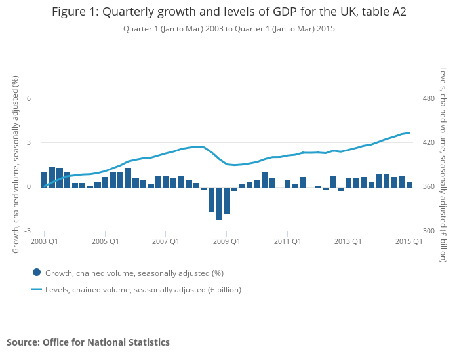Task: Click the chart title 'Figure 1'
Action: pyautogui.click(x=229, y=12)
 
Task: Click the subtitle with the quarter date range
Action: pyautogui.click(x=229, y=29)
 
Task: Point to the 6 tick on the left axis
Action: pyautogui.click(x=29, y=98)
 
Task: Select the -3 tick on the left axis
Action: pyautogui.click(x=28, y=231)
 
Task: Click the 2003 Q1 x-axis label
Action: pyautogui.click(x=44, y=241)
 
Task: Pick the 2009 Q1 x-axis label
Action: pyautogui.click(x=226, y=241)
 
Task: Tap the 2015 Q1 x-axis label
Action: pyautogui.click(x=409, y=241)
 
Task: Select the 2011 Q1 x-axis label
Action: pyautogui.click(x=287, y=241)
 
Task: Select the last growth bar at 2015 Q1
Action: pyautogui.click(x=409, y=184)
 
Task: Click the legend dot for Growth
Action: pyautogui.click(x=37, y=273)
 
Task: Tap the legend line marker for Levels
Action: pyautogui.click(x=37, y=289)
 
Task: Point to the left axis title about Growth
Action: pyautogui.click(x=16, y=165)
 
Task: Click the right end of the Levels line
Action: pyautogui.click(x=409, y=133)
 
